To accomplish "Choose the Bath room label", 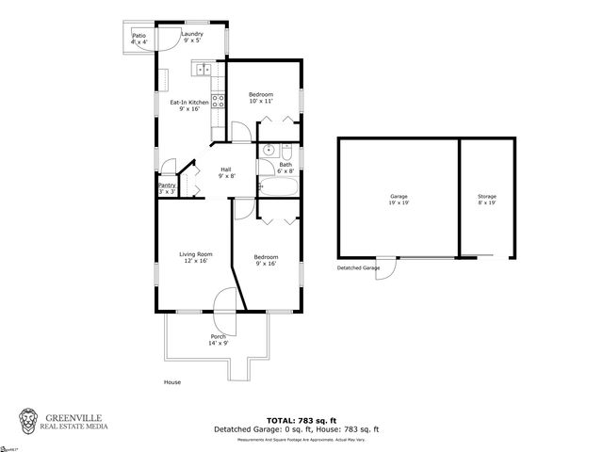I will (286, 168).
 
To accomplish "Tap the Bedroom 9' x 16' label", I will (266, 260).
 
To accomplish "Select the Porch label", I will (218, 340).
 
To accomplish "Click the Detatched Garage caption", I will (358, 268).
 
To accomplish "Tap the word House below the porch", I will (171, 381).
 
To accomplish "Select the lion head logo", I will (30, 420).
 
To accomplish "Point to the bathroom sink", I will (268, 151).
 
